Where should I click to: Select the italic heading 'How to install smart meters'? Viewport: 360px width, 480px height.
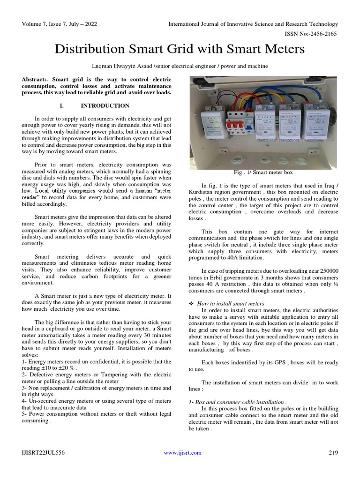231,304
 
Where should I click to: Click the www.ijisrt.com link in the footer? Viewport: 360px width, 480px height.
182,452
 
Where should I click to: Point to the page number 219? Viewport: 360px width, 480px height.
333,452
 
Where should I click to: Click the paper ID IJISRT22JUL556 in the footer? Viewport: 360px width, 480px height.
43,452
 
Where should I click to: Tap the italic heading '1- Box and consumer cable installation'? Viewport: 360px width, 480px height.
237,402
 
